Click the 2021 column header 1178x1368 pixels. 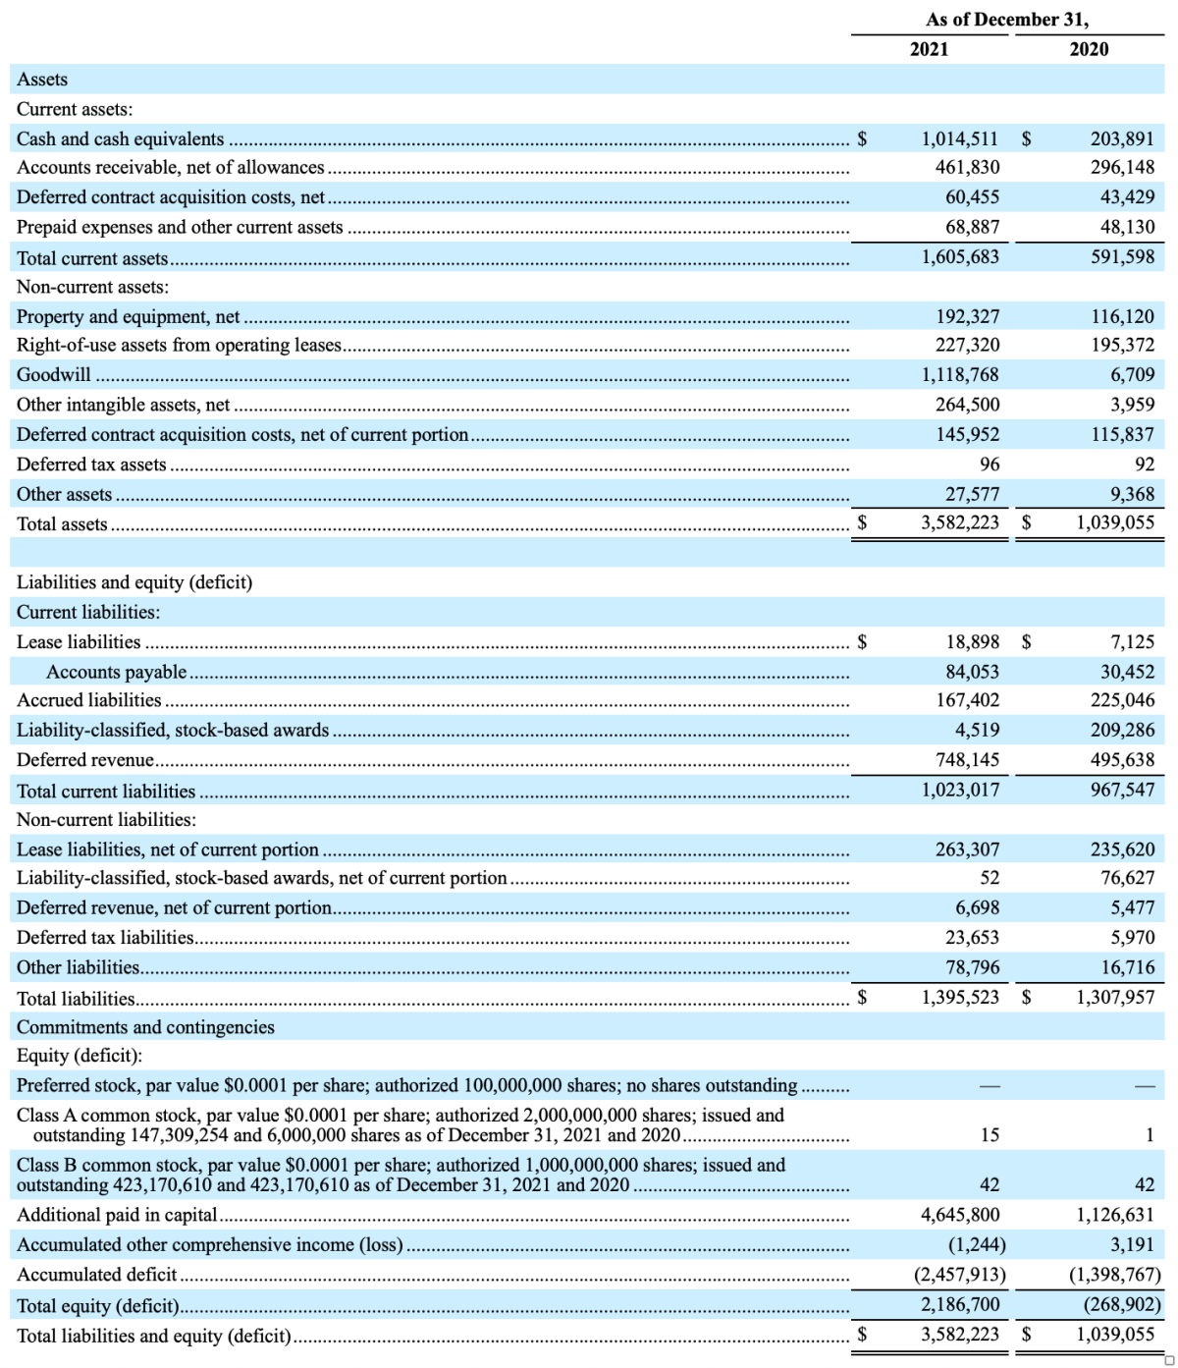pos(929,49)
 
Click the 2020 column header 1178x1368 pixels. pos(1089,49)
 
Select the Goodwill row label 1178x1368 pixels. pos(54,374)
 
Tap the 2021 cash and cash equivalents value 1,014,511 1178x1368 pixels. pos(959,138)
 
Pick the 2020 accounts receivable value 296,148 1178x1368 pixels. pos(1122,167)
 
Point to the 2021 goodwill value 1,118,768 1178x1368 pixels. pos(959,374)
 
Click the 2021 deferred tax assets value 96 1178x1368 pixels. pos(989,464)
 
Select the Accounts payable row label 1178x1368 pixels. pos(116,672)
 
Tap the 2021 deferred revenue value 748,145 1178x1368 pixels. pos(963,759)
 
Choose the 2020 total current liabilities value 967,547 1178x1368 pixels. pos(1122,790)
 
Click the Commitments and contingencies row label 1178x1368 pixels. pos(145,1026)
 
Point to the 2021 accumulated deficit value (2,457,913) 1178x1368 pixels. pos(959,1274)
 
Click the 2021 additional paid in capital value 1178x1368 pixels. pos(959,1214)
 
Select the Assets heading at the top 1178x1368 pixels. pos(42,79)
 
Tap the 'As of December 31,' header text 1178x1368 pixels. pos(1006,20)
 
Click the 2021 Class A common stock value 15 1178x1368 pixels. pos(990,1134)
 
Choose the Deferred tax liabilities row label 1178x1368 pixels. pos(105,937)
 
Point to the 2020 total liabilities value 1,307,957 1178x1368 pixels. pos(1115,997)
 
